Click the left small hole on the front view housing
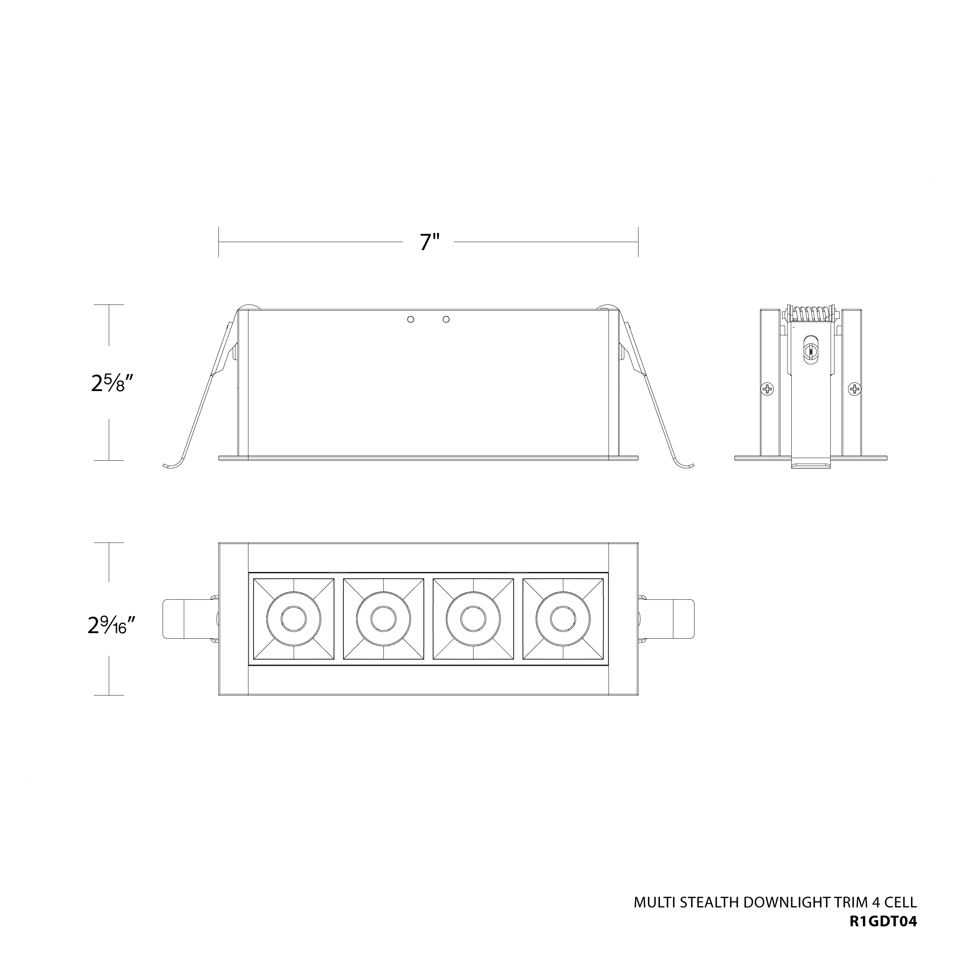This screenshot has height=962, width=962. pos(410,319)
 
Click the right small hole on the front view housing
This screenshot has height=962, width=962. pos(446,319)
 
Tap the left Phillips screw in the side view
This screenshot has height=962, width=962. pos(767,388)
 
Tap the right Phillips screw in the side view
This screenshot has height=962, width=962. pos(855,388)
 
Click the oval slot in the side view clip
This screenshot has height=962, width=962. pos(811,352)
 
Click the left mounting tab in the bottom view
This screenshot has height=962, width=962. pos(179,619)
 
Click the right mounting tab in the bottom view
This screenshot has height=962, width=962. pos(677,619)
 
